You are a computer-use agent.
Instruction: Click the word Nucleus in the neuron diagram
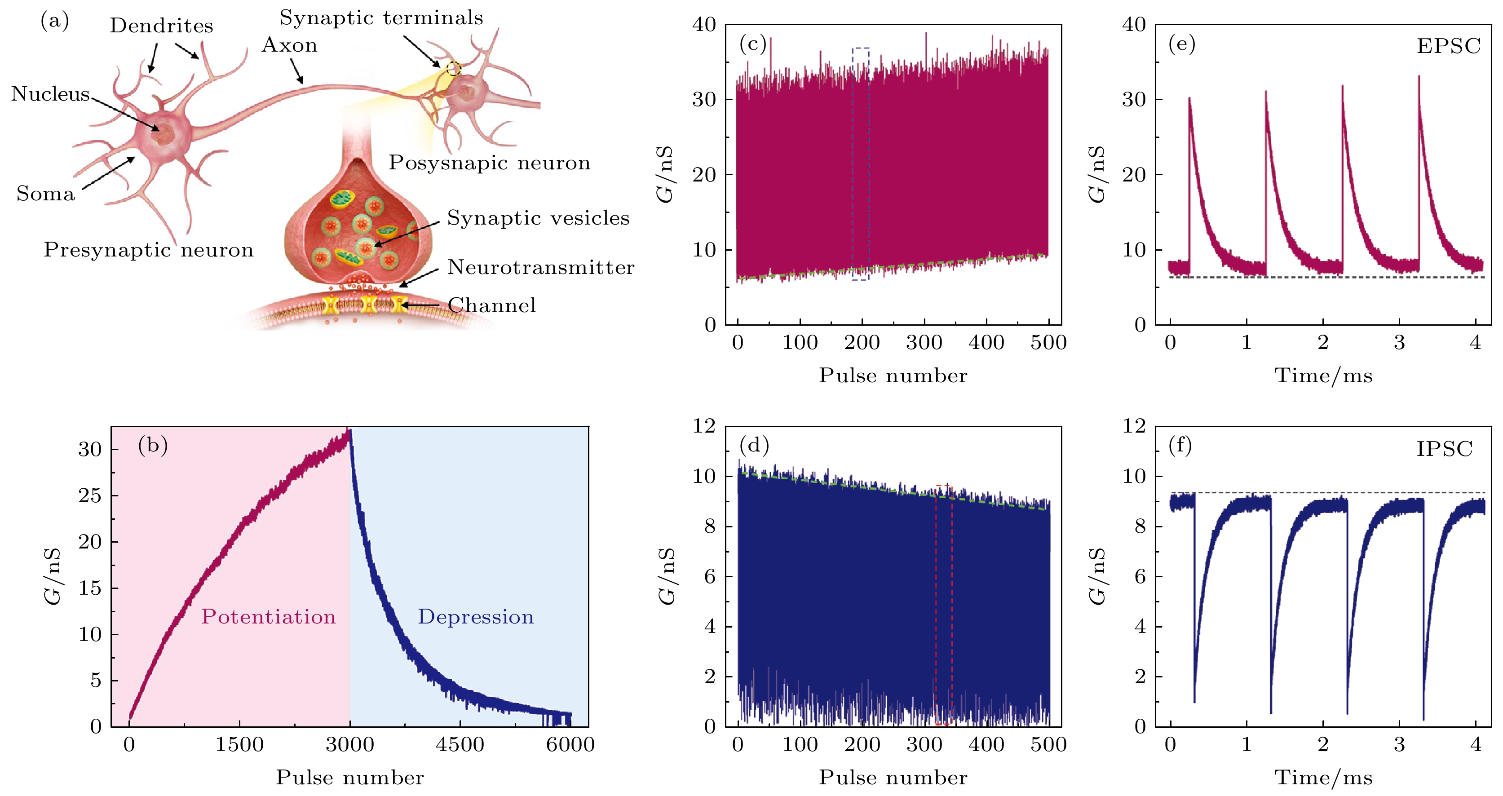point(50,94)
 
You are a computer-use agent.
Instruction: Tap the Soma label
point(45,194)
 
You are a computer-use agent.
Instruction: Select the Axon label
point(289,45)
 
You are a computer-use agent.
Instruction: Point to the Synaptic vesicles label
point(538,218)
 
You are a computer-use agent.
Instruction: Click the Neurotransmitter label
point(540,267)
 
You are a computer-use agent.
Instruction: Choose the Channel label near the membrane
point(491,305)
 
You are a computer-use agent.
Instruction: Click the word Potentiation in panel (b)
point(269,617)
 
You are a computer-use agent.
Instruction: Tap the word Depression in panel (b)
point(476,617)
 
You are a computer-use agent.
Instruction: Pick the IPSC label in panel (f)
point(1445,449)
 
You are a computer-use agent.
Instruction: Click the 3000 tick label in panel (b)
point(349,745)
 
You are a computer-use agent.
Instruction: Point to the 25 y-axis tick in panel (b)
point(90,495)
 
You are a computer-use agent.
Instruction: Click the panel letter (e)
point(1181,44)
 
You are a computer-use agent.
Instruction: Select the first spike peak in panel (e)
point(1189,99)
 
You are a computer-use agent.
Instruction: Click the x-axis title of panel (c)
point(893,375)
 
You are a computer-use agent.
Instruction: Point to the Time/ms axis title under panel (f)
point(1323,778)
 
